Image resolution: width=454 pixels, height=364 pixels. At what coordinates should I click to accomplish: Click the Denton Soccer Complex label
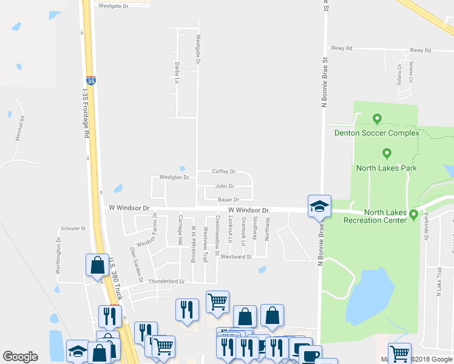click(x=376, y=133)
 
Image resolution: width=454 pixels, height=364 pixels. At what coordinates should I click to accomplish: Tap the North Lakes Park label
click(x=386, y=168)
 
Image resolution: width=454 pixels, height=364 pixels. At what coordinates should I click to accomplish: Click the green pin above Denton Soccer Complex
click(x=377, y=119)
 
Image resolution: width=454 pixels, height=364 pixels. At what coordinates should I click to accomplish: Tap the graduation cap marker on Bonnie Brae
click(x=319, y=206)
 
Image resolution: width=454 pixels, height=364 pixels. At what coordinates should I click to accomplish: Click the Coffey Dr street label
click(x=223, y=172)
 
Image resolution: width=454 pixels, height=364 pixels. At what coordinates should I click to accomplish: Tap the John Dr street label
click(x=225, y=186)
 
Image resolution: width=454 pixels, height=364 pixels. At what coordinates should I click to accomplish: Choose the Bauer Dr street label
click(x=228, y=199)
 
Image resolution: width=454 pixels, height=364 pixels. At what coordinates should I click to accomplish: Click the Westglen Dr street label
click(x=174, y=177)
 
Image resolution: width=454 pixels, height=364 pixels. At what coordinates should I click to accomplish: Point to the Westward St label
click(x=236, y=257)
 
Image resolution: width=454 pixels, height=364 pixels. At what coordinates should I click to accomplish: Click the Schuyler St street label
click(x=73, y=229)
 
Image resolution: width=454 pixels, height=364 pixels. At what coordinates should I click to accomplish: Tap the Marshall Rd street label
click(x=20, y=128)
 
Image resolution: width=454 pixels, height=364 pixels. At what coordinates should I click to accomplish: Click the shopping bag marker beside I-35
click(x=97, y=265)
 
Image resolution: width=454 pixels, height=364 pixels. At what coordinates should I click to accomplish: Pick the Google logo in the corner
click(x=20, y=357)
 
